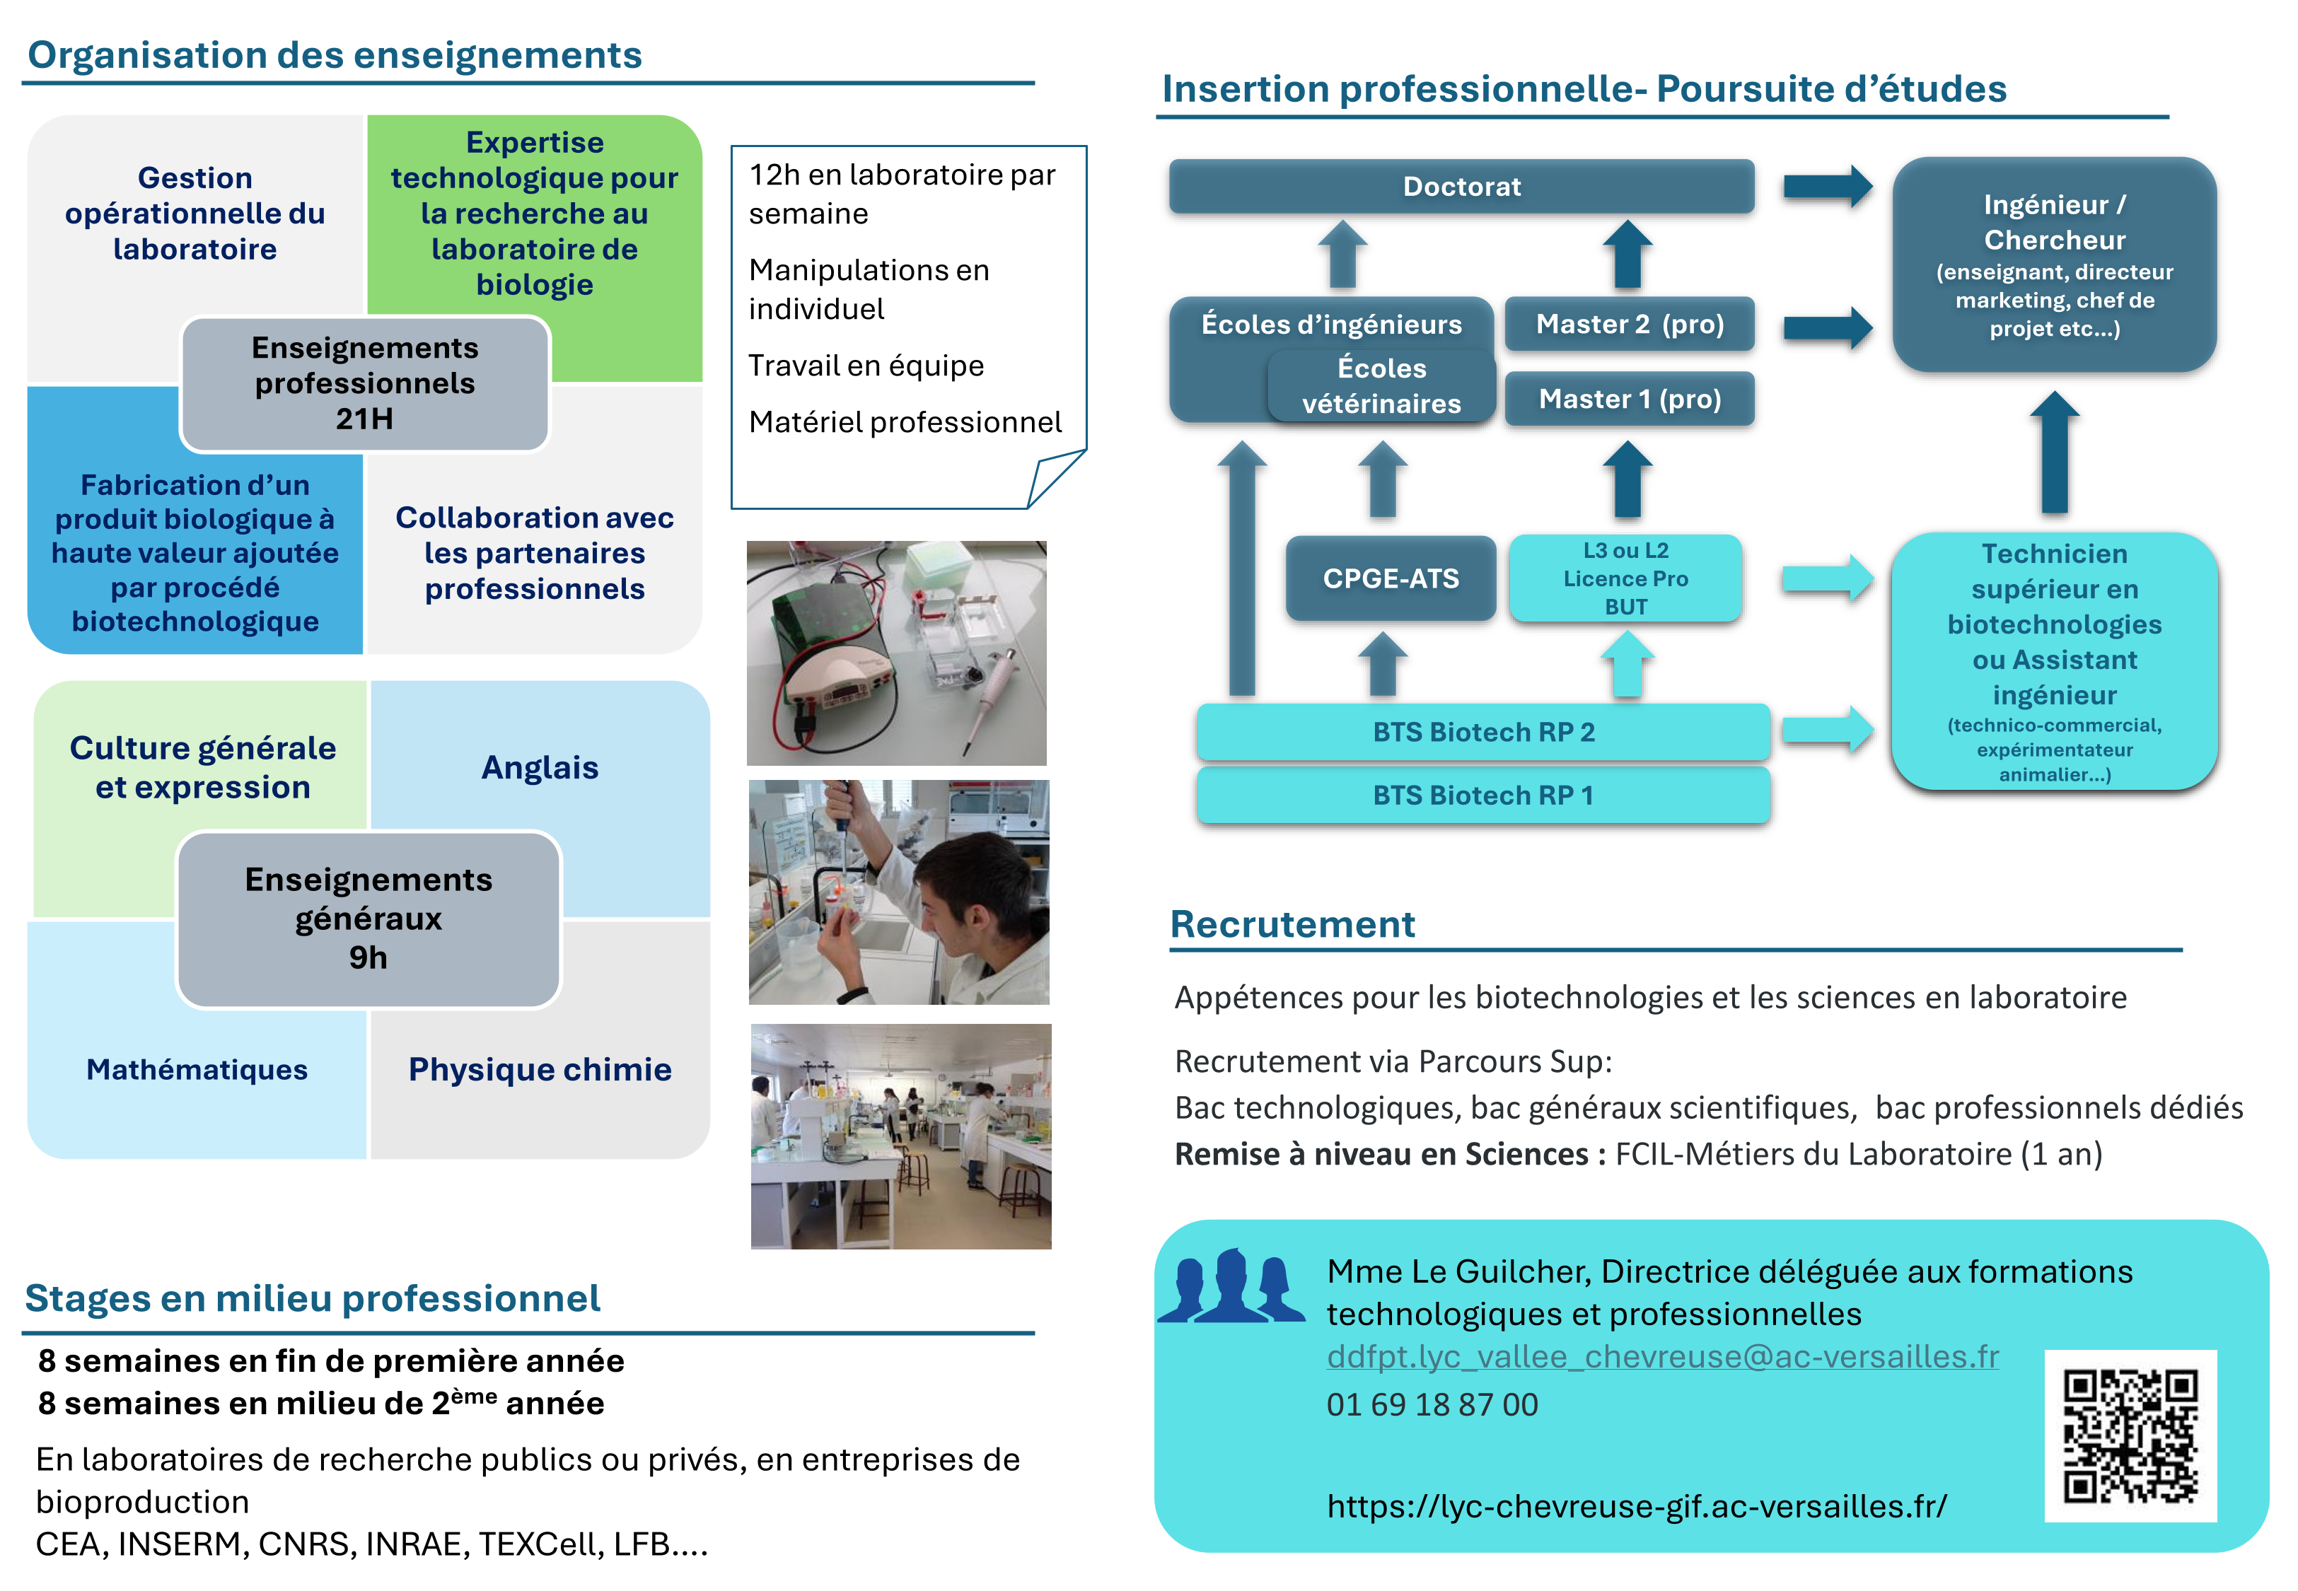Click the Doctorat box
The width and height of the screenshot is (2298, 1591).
click(1461, 187)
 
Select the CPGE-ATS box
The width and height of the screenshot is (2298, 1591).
click(1391, 578)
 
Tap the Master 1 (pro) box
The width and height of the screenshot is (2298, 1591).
click(1629, 399)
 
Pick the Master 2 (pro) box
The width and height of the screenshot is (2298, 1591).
click(1629, 324)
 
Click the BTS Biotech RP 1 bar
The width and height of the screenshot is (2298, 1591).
click(1483, 795)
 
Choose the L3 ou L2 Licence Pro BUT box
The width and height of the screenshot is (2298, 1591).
click(1625, 578)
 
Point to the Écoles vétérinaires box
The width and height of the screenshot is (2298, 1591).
click(1382, 386)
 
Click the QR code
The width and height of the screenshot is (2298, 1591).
click(2130, 1435)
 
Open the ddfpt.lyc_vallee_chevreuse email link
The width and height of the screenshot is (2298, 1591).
click(1662, 1357)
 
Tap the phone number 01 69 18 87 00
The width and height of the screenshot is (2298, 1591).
click(1432, 1404)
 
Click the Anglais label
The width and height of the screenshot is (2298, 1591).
click(540, 768)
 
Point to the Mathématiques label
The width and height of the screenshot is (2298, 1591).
click(197, 1070)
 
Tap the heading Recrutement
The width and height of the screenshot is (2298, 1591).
click(1292, 924)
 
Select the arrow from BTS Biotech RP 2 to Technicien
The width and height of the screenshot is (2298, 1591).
click(1828, 729)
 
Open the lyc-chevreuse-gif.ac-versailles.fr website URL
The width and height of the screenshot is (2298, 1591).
click(1637, 1505)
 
